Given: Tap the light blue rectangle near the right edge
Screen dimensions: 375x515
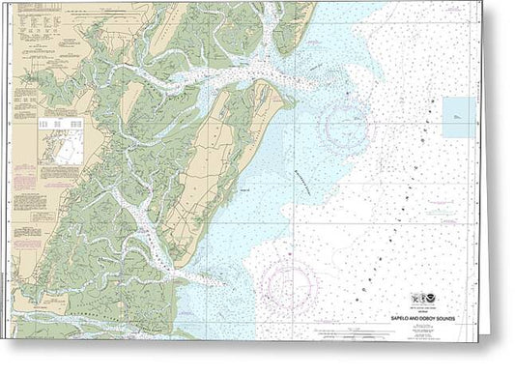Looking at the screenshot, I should click(x=459, y=117).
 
